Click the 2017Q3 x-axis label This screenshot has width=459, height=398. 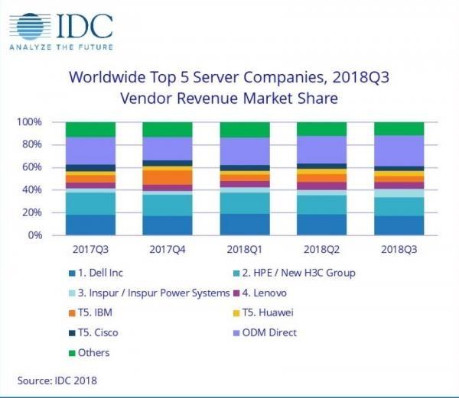pos(90,250)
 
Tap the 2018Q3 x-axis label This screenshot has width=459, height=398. pos(399,250)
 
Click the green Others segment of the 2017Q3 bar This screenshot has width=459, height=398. pos(90,129)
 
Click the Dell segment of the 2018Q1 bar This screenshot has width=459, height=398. pos(245,225)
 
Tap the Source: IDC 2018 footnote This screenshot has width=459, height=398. pos(57,380)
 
